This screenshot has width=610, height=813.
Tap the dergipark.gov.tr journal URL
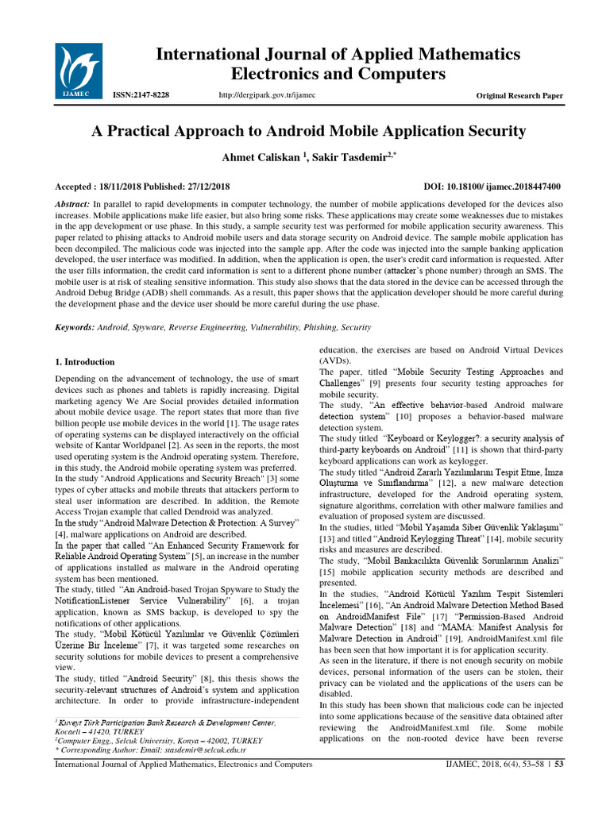[266, 95]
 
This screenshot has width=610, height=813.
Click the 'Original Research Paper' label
[519, 95]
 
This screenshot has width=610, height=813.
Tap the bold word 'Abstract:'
[71, 204]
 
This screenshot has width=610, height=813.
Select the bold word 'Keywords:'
[74, 327]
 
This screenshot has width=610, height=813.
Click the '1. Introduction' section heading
[84, 362]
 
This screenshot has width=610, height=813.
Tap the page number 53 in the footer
[558, 787]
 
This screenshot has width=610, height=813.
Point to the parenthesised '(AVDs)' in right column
[335, 360]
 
